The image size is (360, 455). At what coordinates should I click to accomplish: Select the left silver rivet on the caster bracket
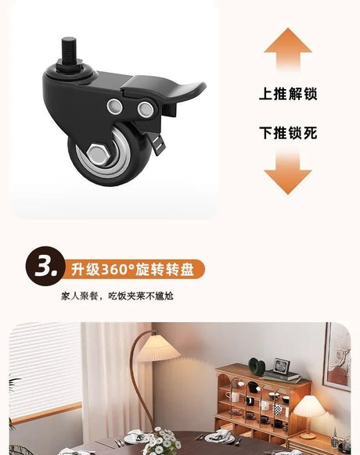(115, 106)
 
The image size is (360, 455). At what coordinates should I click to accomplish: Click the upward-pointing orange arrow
(288, 49)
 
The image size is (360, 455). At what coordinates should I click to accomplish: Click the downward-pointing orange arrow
(288, 171)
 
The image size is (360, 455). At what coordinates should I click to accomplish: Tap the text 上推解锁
(288, 94)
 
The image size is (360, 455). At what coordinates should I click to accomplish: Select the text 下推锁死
(288, 133)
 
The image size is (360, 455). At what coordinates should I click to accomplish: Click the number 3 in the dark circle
(44, 266)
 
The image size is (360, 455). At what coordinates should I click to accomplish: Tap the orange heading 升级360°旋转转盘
(132, 269)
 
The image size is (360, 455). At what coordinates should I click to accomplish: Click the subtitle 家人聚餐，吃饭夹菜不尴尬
(117, 296)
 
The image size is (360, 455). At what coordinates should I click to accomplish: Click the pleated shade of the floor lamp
(159, 349)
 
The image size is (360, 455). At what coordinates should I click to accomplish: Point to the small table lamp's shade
(309, 406)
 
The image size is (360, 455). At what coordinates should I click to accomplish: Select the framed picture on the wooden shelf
(282, 366)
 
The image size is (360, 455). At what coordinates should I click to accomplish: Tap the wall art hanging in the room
(337, 355)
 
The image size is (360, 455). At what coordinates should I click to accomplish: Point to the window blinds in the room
(45, 368)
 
